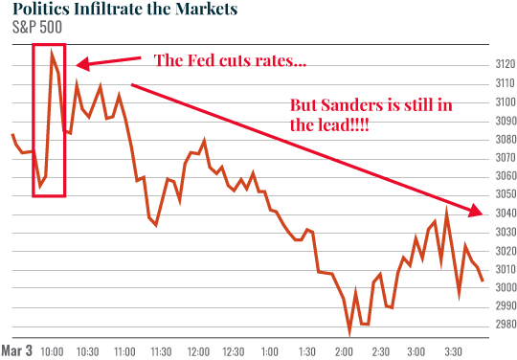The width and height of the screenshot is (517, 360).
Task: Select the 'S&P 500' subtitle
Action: [28, 31]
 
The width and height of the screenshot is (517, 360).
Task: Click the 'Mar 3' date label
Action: [17, 350]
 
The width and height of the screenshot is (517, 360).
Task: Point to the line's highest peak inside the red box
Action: [52, 54]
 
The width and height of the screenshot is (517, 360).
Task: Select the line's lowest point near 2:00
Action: [350, 332]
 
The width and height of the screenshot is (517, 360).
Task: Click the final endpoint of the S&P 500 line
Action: [483, 281]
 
